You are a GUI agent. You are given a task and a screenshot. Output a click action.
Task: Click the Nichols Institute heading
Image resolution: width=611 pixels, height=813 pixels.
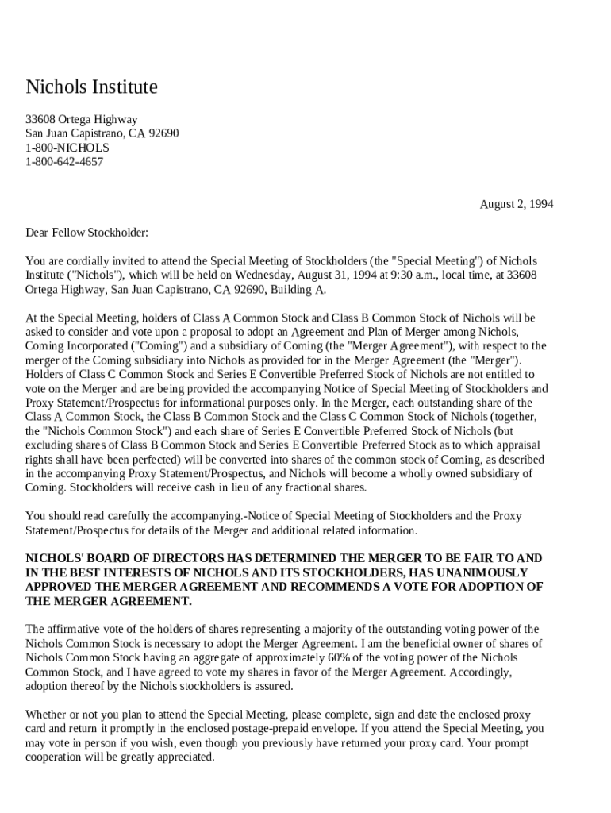click(91, 87)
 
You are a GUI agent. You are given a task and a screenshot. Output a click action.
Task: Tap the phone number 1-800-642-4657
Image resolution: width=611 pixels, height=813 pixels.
click(64, 162)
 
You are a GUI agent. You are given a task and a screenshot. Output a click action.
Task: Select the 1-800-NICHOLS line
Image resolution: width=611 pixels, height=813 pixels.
click(67, 148)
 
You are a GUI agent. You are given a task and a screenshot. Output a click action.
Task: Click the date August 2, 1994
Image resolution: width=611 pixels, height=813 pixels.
click(516, 204)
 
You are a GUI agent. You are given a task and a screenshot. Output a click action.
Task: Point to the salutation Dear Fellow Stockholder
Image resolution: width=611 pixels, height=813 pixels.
click(86, 233)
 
